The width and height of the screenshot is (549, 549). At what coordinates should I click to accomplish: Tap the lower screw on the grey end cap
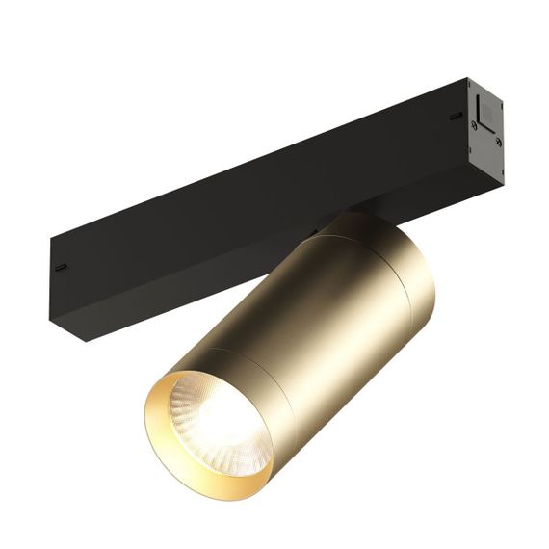(x=497, y=143)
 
